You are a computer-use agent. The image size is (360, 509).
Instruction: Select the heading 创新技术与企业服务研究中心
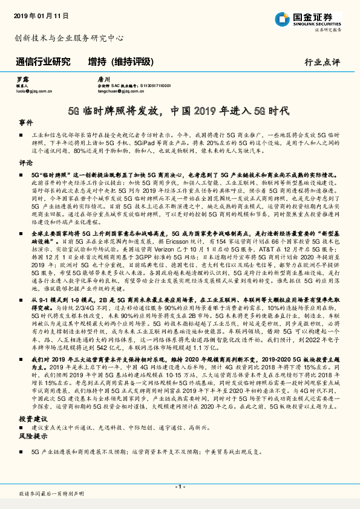[70, 37]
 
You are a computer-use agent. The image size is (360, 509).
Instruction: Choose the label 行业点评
[322, 62]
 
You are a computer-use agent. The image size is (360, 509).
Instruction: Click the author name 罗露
[22, 79]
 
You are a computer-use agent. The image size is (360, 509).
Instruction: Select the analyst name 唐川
[103, 79]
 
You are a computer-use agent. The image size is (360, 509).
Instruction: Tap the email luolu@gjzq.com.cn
[33, 91]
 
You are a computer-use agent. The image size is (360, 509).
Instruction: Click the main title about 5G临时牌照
[179, 111]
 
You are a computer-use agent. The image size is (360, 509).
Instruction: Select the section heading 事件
[25, 122]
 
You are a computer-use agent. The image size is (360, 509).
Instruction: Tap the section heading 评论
[25, 163]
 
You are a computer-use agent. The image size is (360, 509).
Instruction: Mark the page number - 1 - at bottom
[180, 486]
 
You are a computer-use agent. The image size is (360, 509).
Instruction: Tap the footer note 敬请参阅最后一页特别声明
[51, 494]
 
